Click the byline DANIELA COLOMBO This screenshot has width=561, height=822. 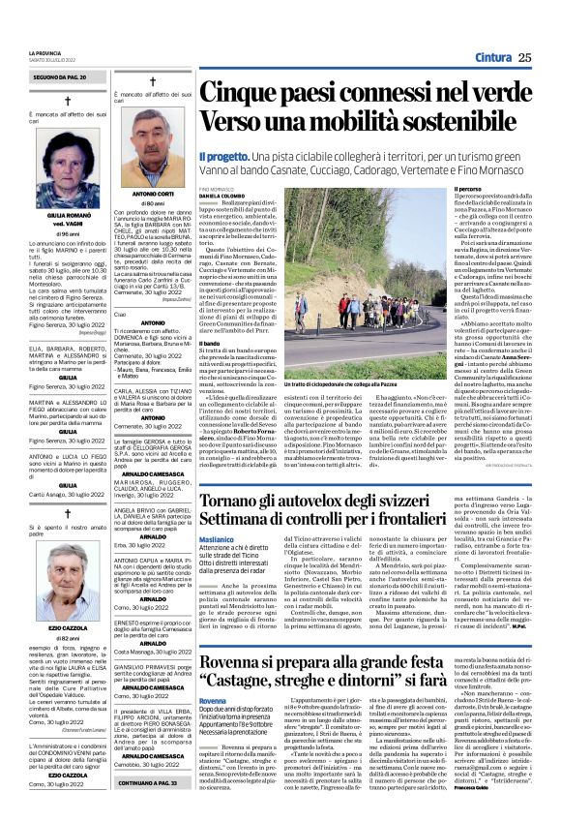click(222, 197)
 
